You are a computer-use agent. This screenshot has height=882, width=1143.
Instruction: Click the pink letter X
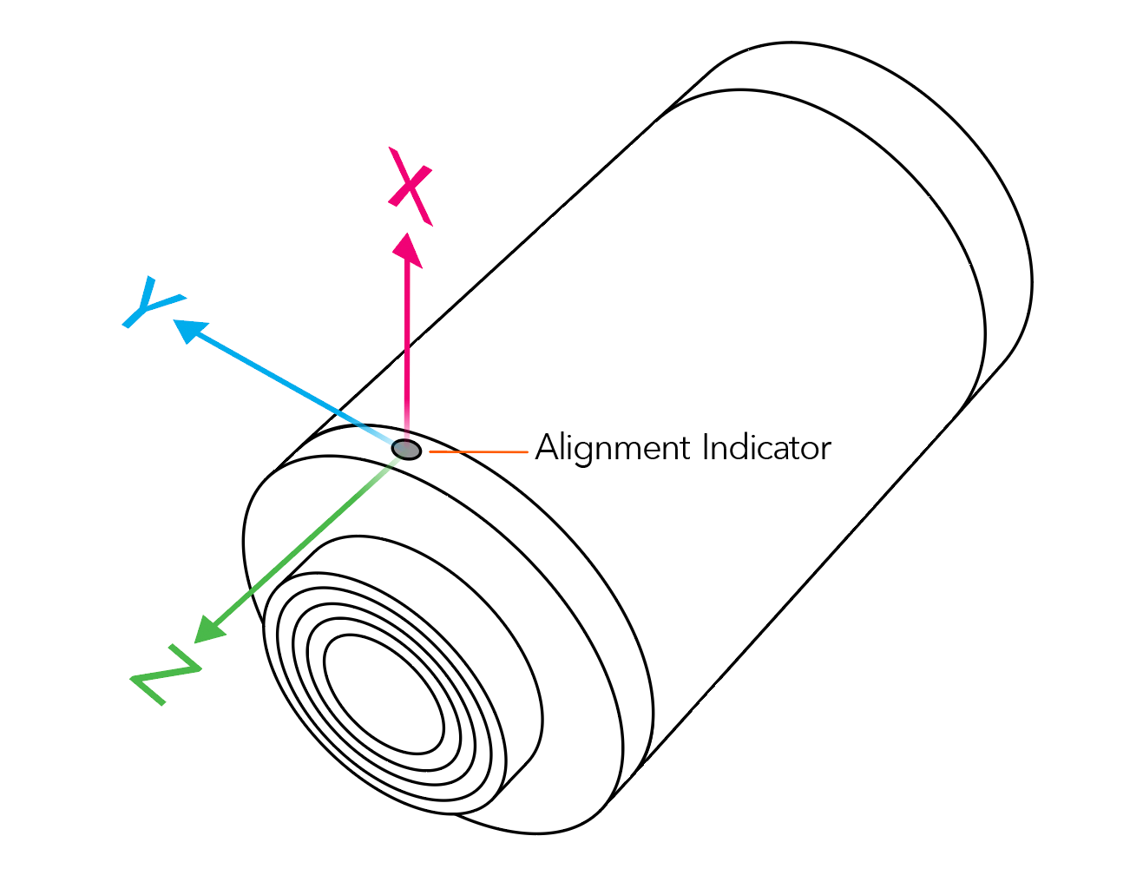(x=410, y=187)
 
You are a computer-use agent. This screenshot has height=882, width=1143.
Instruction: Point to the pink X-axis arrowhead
(x=406, y=249)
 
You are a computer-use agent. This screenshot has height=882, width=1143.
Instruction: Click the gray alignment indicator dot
(x=406, y=450)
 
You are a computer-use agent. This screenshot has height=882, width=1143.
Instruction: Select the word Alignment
(x=613, y=449)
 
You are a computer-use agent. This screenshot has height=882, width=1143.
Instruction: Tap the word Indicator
(x=766, y=448)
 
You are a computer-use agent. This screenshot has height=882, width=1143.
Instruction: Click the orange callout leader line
(x=478, y=452)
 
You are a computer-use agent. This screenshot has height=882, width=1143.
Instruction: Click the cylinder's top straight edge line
(x=503, y=260)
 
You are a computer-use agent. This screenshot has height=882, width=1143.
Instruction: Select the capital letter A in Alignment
(x=547, y=448)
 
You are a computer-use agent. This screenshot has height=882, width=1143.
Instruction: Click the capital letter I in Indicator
(x=706, y=448)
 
